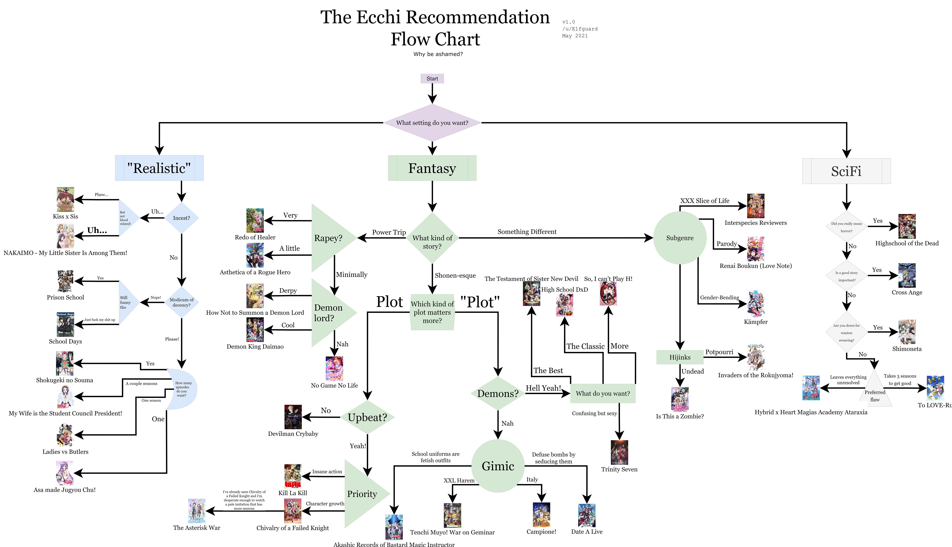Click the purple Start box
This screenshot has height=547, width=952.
432,78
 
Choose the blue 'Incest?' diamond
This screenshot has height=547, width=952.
182,218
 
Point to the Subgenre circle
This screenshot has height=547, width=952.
680,238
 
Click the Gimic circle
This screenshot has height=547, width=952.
498,466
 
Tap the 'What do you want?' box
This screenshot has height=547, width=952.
603,393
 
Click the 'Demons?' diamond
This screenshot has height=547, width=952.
498,393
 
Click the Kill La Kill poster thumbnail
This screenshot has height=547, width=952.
293,476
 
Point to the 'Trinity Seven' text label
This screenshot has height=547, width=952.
619,469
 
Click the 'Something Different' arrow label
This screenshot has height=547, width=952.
527,232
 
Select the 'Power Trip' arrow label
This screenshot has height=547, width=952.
389,232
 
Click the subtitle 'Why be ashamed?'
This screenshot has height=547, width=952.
438,54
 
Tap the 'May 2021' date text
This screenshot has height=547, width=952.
575,36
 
